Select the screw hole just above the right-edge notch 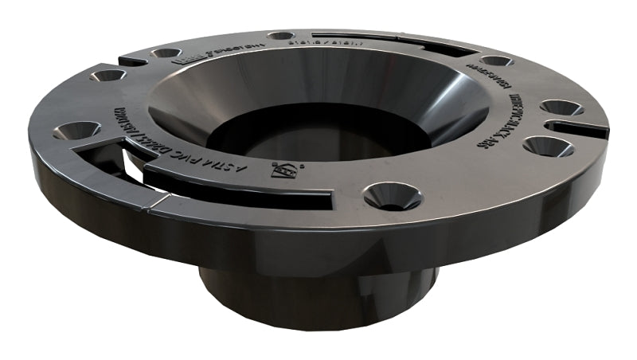click(x=561, y=108)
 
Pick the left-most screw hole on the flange click(x=78, y=129)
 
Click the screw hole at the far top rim click(x=280, y=36)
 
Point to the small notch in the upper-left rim click(x=131, y=59)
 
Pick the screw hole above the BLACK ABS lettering click(x=496, y=61)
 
